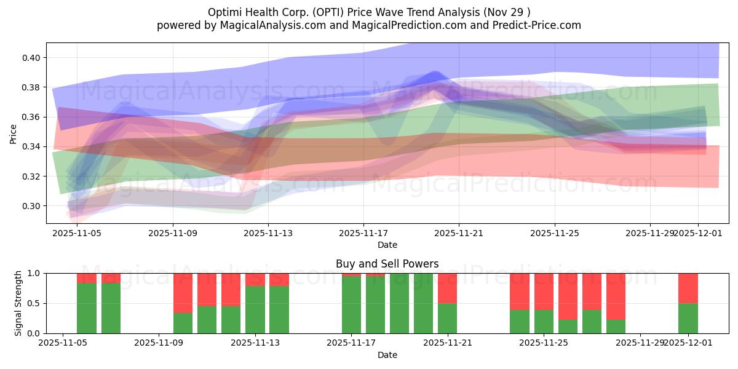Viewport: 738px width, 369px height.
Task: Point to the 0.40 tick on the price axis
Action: (31, 58)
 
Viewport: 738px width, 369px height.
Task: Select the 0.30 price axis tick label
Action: (31, 206)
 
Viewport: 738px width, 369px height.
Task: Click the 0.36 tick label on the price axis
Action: (31, 117)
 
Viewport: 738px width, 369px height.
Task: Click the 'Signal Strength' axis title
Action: (18, 303)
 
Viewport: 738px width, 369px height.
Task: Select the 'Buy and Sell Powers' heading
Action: (387, 264)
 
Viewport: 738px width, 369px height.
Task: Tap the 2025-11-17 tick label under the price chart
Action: (363, 233)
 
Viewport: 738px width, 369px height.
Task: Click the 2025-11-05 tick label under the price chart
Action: (77, 233)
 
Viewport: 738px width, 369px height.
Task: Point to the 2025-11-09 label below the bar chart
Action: (159, 343)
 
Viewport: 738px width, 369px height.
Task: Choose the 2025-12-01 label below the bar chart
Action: (688, 343)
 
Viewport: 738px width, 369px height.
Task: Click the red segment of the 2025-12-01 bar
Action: (688, 288)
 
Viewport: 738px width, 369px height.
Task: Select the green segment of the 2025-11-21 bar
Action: (448, 318)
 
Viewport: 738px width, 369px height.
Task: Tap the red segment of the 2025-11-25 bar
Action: (544, 291)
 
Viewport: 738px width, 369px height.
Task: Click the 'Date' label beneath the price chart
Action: (387, 245)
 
